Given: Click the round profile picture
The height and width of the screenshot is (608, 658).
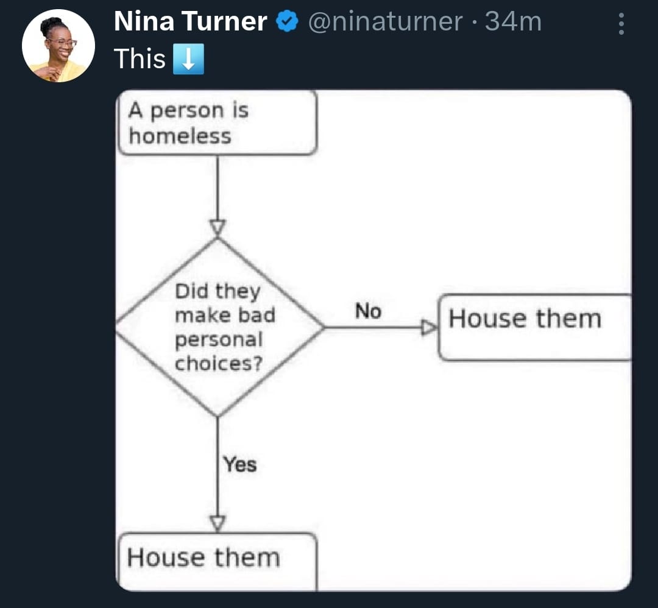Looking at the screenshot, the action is [58, 46].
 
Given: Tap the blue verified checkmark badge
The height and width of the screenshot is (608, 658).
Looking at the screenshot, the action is [287, 21].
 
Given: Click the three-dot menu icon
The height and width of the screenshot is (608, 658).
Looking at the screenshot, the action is [621, 24].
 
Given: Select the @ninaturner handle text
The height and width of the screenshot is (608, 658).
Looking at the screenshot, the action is [385, 21].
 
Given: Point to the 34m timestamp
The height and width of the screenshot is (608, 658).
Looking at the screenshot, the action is [513, 21].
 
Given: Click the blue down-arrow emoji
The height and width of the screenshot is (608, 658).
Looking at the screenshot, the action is [188, 58].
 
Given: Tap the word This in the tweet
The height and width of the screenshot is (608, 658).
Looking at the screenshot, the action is [140, 58].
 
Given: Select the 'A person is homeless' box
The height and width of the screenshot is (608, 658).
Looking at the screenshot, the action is [218, 122].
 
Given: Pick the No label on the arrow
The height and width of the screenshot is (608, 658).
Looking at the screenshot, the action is [368, 311].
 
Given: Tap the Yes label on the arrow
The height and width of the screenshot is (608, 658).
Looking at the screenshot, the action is [240, 464].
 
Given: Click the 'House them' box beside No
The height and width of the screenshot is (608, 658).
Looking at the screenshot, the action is [535, 327].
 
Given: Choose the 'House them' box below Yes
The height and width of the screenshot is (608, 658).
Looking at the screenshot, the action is [218, 562].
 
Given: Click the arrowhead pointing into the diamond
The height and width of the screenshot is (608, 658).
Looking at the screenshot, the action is [218, 228].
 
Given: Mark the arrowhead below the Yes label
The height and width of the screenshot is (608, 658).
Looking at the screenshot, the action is [218, 524].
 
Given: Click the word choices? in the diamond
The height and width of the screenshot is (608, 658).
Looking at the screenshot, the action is [219, 363].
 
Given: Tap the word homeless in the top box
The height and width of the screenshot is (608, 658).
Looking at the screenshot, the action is [180, 136].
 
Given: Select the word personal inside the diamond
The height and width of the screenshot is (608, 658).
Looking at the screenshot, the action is [219, 340].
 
